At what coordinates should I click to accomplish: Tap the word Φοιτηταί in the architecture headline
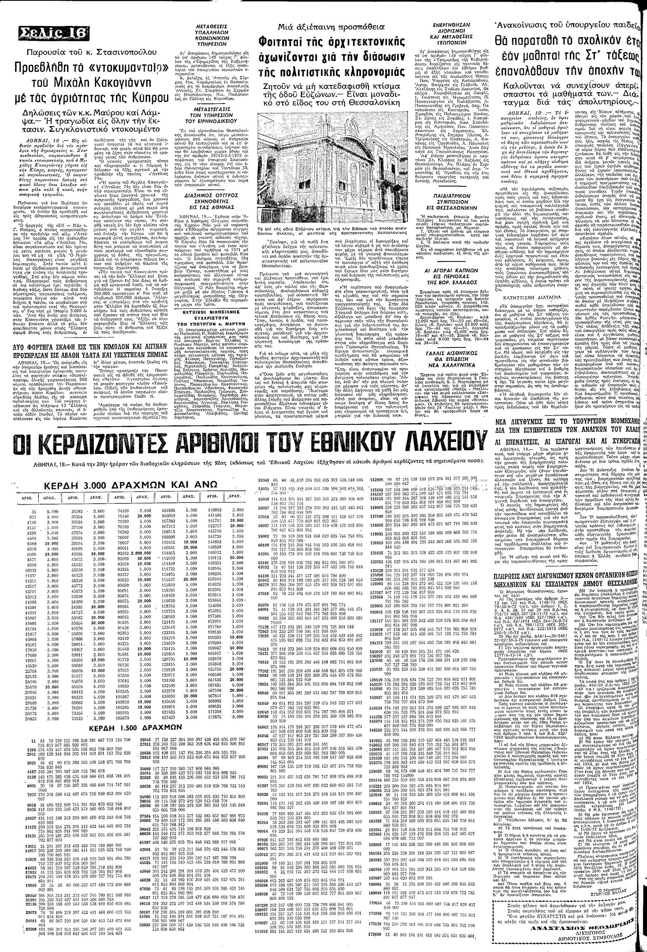(277, 42)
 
